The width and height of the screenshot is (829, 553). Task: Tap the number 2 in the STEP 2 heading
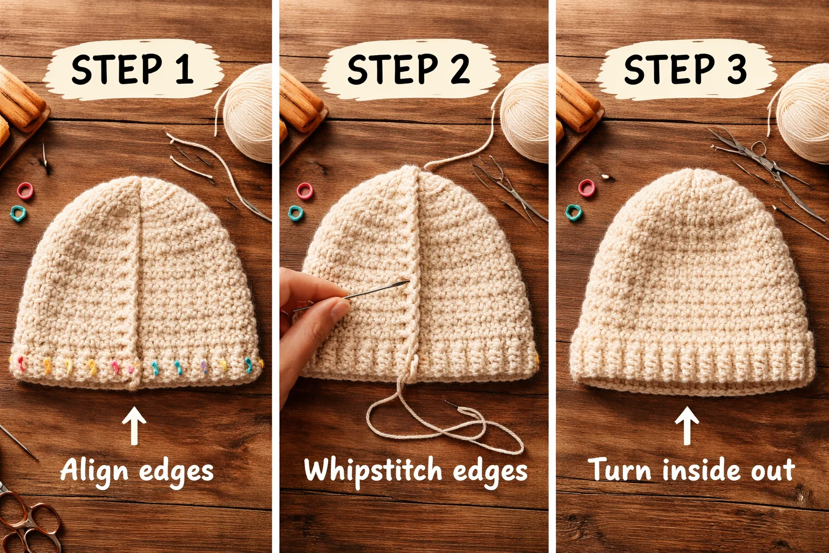coord(460,69)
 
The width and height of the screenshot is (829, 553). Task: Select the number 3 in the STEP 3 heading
coord(737,69)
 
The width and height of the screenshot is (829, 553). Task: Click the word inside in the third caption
coord(694,469)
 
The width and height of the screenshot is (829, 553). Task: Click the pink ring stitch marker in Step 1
coord(25,190)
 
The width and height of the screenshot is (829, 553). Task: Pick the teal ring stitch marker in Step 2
coord(296,213)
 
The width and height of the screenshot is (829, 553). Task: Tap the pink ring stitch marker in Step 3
coord(587,187)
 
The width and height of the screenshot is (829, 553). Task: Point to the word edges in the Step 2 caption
coord(490,471)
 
